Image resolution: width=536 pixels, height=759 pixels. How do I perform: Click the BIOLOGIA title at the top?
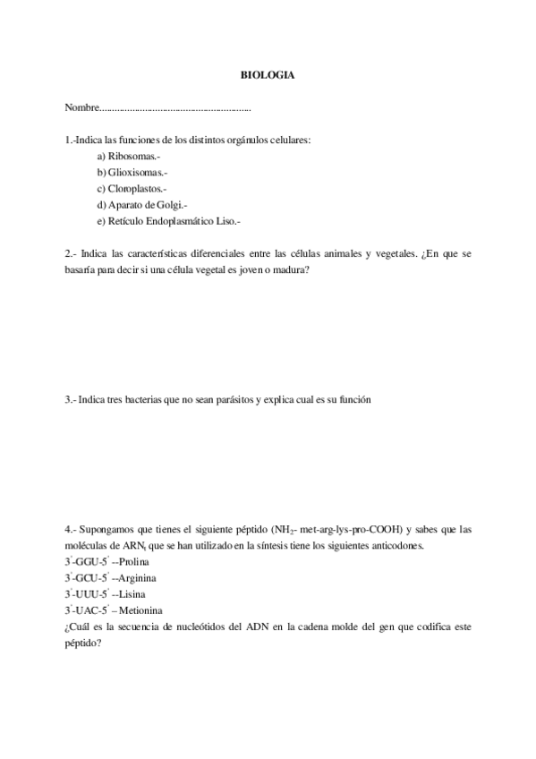[268, 75]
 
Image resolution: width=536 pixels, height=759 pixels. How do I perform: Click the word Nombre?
[81, 107]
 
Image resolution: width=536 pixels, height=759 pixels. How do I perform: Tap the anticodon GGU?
[86, 561]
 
